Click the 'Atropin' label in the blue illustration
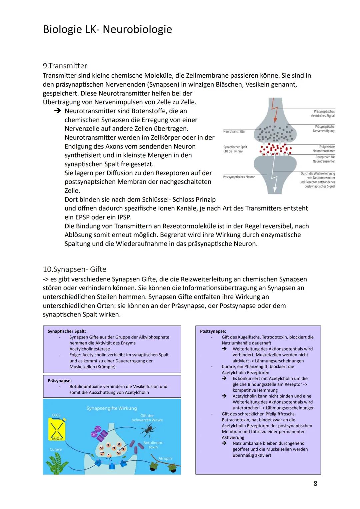point(165,458)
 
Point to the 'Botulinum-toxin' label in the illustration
point(153,445)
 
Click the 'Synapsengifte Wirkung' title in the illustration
point(112,408)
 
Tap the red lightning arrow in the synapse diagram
point(275,110)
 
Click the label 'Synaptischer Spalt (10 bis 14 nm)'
point(235,149)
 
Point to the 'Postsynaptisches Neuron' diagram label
point(239,177)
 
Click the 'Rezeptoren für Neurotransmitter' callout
point(324,159)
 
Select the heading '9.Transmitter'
point(65,66)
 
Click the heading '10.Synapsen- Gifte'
point(75,269)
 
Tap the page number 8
point(315,483)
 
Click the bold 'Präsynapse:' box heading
point(60,380)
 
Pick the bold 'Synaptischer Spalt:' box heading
point(67,331)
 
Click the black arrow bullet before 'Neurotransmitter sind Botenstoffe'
point(58,111)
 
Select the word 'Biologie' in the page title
point(62,29)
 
